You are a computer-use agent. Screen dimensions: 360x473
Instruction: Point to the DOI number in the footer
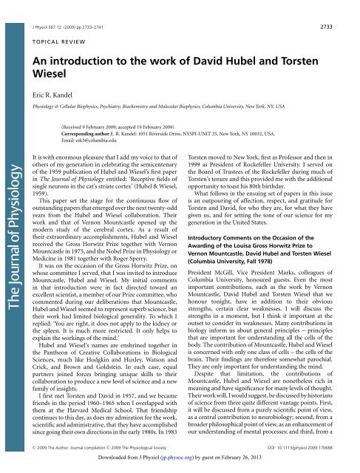tap(310, 448)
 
